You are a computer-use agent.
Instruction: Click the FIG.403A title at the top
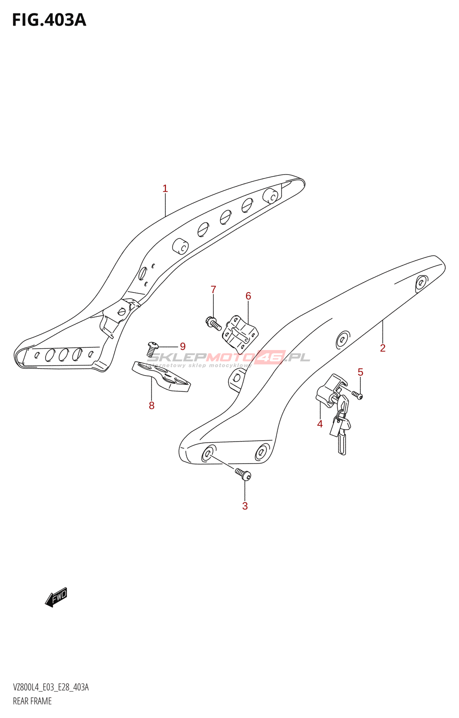(x=49, y=20)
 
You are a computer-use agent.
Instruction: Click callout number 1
(x=165, y=188)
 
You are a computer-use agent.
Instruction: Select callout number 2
(x=382, y=348)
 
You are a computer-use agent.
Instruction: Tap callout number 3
(x=245, y=506)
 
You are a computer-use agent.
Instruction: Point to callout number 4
(x=320, y=424)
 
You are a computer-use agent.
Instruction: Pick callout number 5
(x=360, y=372)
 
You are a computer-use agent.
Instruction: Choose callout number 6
(x=248, y=296)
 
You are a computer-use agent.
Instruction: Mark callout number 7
(x=213, y=290)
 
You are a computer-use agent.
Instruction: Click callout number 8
(x=152, y=406)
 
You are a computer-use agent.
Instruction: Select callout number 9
(x=182, y=346)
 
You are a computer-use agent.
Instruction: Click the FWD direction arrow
(x=56, y=597)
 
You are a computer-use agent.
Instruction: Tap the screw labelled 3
(x=242, y=473)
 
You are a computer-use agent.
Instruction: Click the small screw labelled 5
(x=357, y=395)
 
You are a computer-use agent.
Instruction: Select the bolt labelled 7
(x=213, y=323)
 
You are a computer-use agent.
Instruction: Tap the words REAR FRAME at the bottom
(x=32, y=701)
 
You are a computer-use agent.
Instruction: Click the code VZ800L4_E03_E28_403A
(x=51, y=687)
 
